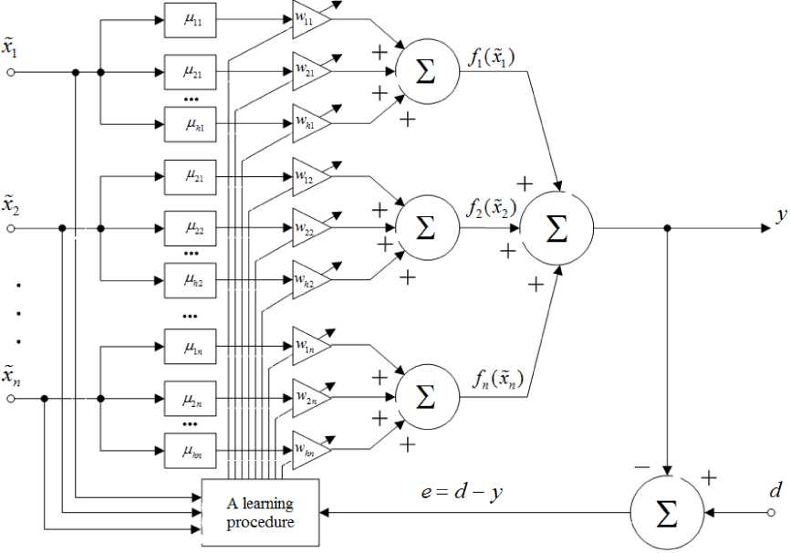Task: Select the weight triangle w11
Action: click(x=308, y=16)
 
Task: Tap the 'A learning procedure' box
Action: click(x=260, y=510)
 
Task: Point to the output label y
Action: click(x=781, y=216)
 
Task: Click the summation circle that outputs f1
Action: click(x=425, y=72)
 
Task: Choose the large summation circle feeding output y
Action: click(x=556, y=229)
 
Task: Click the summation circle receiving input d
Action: click(x=668, y=515)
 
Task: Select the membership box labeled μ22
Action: click(x=191, y=225)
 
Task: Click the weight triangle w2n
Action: click(x=308, y=398)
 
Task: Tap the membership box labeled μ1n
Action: click(x=191, y=347)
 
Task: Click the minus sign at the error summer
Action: click(x=642, y=466)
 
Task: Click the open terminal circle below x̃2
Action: click(x=11, y=228)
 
